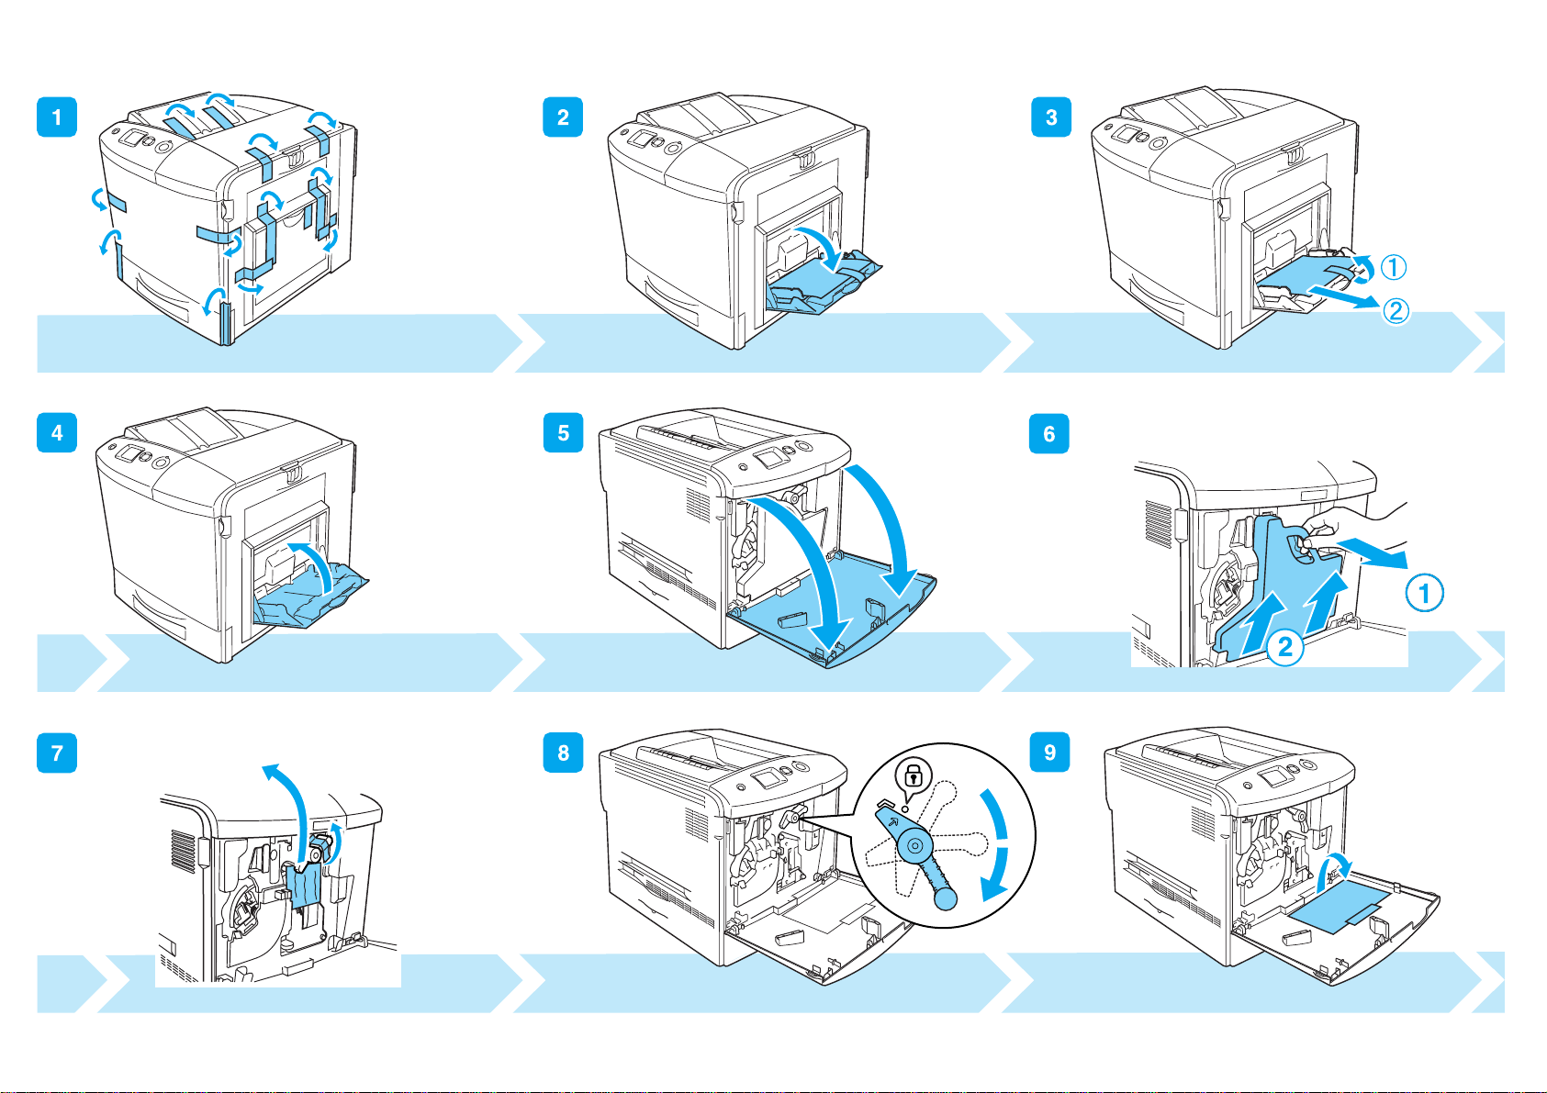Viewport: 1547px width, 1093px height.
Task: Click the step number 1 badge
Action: click(57, 117)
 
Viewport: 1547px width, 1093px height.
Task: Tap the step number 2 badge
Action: click(563, 117)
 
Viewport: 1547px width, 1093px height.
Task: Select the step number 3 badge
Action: click(1051, 117)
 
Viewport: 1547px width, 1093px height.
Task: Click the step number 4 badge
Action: click(57, 433)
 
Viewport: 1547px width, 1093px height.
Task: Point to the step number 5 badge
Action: click(563, 433)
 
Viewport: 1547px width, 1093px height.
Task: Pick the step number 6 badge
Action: click(1049, 433)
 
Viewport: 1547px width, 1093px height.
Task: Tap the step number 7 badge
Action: click(57, 753)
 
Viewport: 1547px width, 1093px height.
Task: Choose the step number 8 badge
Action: click(563, 753)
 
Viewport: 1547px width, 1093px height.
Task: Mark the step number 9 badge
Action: click(1049, 752)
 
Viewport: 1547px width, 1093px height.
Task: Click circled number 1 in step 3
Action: click(1393, 267)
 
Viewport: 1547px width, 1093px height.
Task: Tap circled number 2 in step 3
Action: click(1396, 311)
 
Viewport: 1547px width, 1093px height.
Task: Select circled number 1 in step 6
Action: click(1424, 593)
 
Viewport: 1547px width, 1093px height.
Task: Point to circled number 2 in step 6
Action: click(1285, 647)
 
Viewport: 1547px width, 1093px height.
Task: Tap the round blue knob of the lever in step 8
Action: click(946, 898)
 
